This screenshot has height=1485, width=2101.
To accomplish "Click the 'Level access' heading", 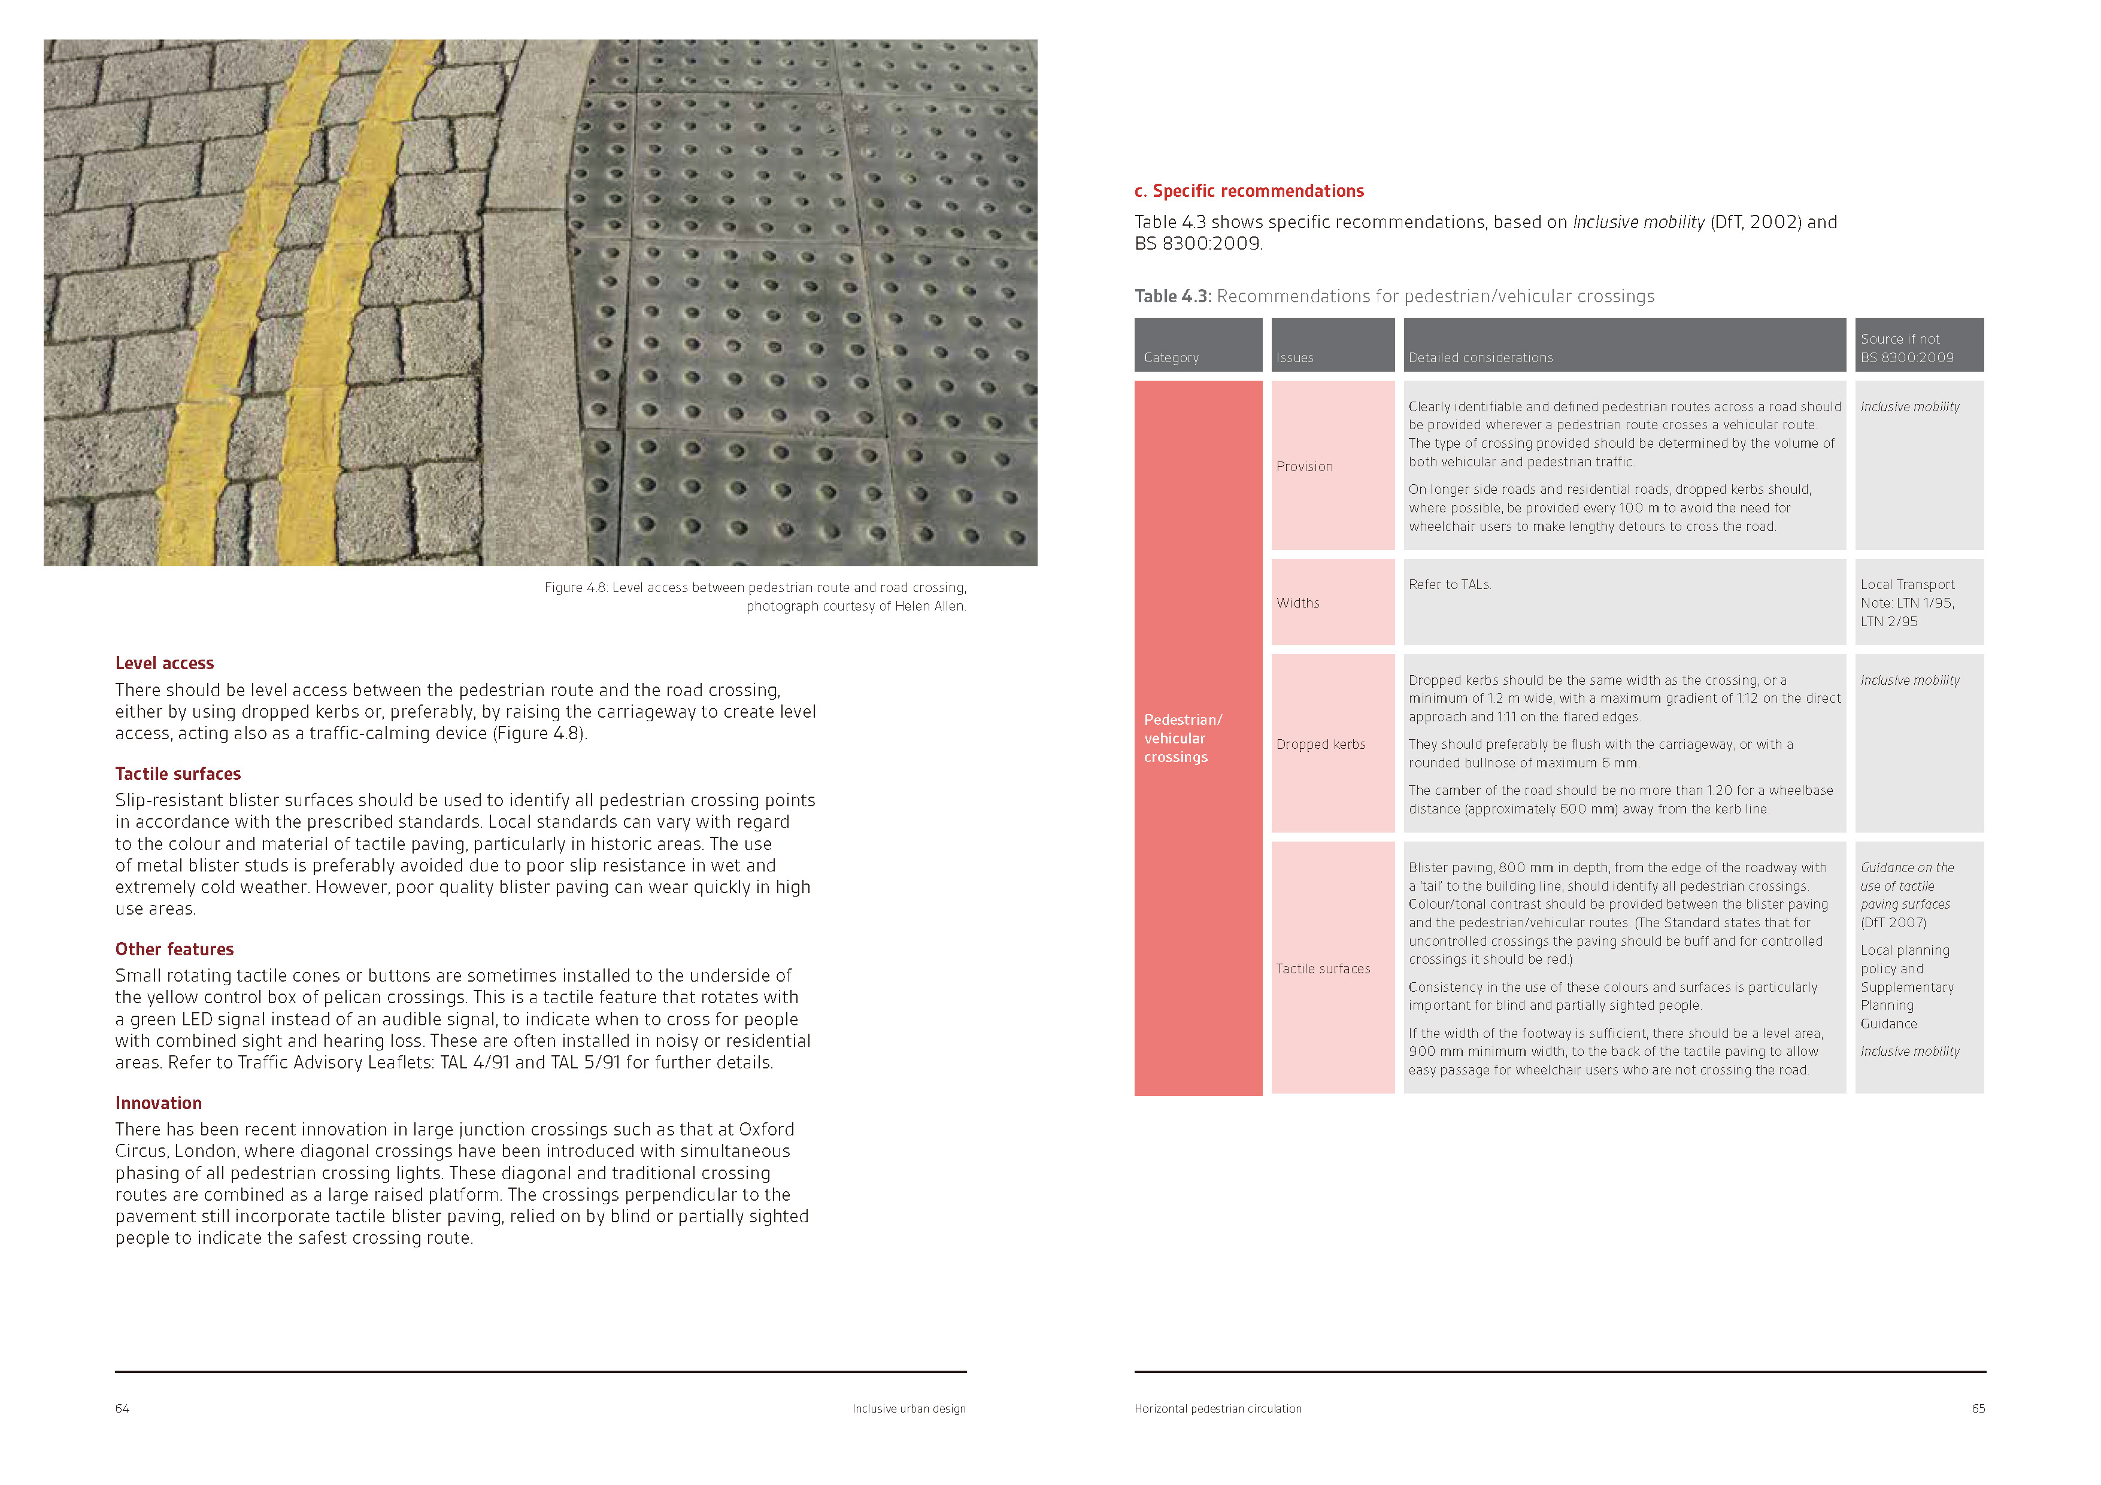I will coord(165,663).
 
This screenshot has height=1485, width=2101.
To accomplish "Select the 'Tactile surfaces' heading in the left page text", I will coord(178,774).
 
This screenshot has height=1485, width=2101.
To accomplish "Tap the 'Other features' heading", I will coord(175,950).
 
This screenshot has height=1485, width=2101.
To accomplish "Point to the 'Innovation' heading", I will coord(158,1104).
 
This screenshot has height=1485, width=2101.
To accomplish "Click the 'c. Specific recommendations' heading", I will coord(1249,191).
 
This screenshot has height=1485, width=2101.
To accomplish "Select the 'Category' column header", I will coord(1171,358).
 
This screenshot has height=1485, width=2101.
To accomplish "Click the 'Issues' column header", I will coord(1295,358).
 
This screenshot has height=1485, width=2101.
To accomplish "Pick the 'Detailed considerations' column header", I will coord(1481,358).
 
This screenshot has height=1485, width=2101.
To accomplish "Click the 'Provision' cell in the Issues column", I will coord(1305,467).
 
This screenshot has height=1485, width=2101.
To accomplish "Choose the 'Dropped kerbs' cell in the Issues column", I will coord(1320,745).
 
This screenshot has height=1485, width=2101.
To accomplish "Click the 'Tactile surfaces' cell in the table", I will coord(1323,969).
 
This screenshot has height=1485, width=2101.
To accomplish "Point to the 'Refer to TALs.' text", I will coord(1450,585).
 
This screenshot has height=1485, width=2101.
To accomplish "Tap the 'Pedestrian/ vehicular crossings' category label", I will coord(1183,739).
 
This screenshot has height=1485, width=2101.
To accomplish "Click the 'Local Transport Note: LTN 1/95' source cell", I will coord(1907,603).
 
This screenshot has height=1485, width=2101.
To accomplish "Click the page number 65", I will coord(1978,1409).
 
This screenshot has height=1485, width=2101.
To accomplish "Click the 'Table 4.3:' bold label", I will coord(1173,296).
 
